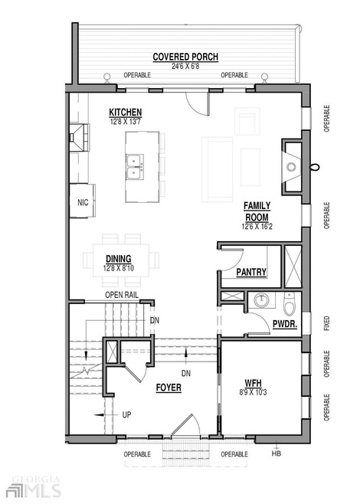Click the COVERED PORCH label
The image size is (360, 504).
185,57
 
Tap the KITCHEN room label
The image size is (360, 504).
126,112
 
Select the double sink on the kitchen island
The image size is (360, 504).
135,167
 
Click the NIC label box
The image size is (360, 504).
83,202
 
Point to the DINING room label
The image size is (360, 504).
119,259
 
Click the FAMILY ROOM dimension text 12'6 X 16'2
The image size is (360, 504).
257,227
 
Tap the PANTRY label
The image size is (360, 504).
251,272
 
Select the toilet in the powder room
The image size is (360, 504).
289,304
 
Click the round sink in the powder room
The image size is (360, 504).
262,300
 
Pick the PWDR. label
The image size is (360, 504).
285,324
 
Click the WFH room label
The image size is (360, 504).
253,383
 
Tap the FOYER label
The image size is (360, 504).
169,388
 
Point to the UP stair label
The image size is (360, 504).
126,414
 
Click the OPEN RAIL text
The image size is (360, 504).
122,295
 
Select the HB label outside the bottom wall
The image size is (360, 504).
277,453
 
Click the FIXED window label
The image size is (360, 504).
326,323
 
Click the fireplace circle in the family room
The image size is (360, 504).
291,167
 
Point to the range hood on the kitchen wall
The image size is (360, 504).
78,138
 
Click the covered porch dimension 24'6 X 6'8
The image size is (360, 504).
185,66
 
